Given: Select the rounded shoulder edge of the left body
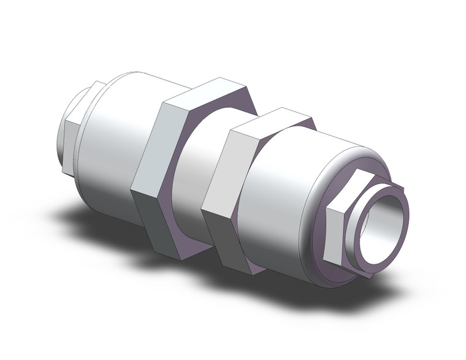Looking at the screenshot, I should click(92, 123).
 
